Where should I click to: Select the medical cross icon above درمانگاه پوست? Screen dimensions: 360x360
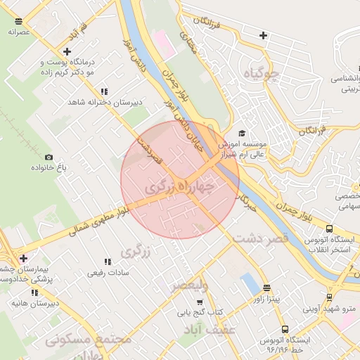pos(67,51)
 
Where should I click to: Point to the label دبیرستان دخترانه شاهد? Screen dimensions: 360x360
pos(105,102)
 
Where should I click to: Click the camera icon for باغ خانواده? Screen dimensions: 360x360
pos(49,157)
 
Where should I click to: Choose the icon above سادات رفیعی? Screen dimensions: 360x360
pos(107,262)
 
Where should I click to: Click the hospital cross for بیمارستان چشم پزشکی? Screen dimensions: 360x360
pos(24,258)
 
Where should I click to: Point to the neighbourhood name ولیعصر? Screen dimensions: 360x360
pos(191,285)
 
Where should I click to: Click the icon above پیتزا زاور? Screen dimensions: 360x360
pos(266,288)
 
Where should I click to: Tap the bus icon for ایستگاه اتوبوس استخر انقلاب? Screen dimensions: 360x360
pos(329,229)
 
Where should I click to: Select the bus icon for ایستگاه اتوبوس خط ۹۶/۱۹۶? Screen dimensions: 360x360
pos(285,329)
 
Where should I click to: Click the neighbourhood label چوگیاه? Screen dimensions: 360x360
pos(260,74)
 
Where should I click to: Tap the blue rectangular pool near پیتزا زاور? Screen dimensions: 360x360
pos(250,284)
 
